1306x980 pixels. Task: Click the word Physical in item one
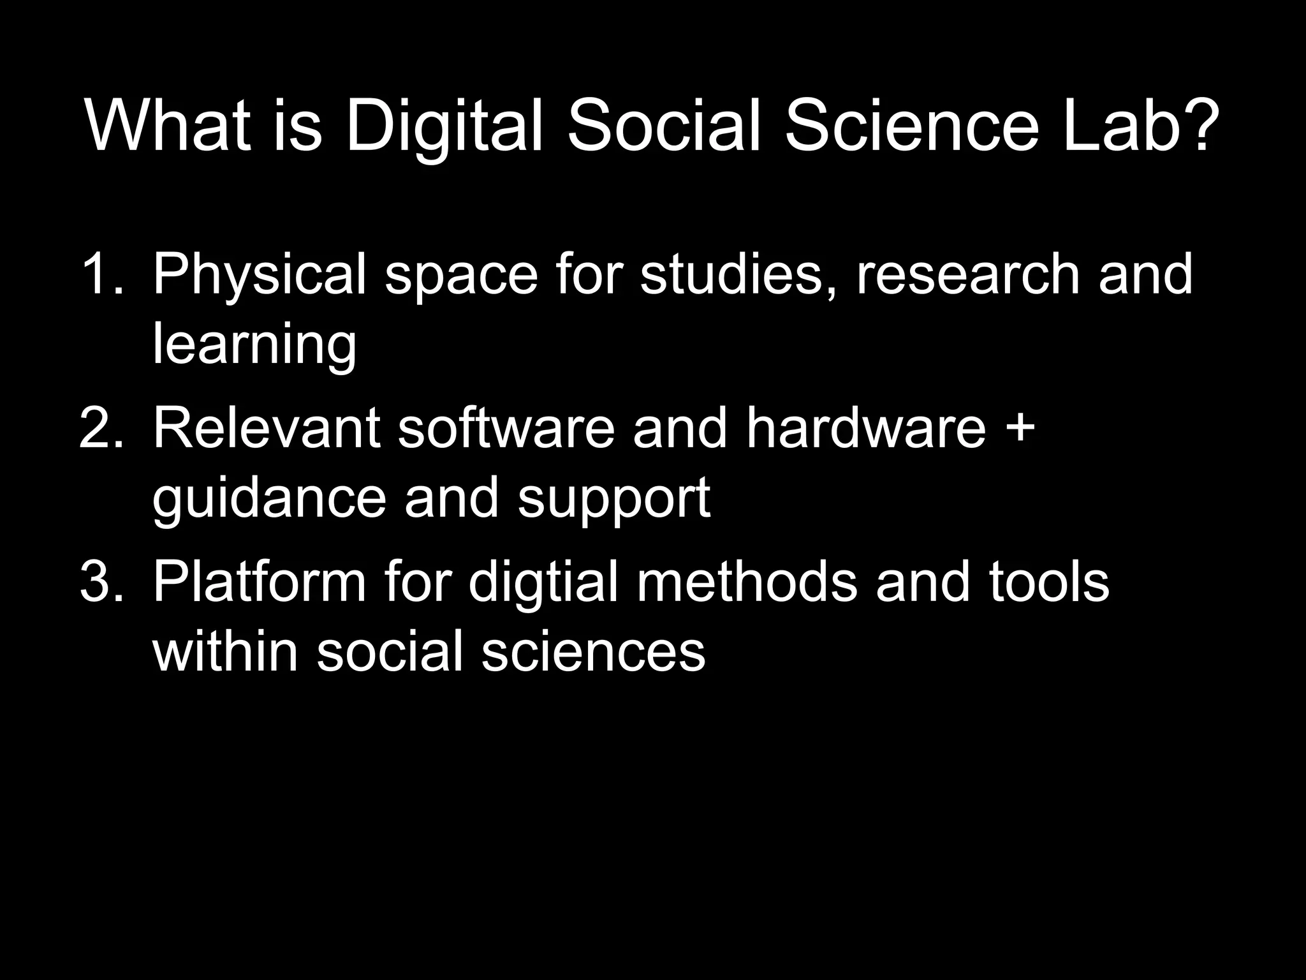coord(259,276)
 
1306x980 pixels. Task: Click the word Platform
coord(259,582)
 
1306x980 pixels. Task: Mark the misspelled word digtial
coord(543,583)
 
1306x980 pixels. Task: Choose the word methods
coord(747,582)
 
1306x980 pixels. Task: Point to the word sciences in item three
coord(593,652)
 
